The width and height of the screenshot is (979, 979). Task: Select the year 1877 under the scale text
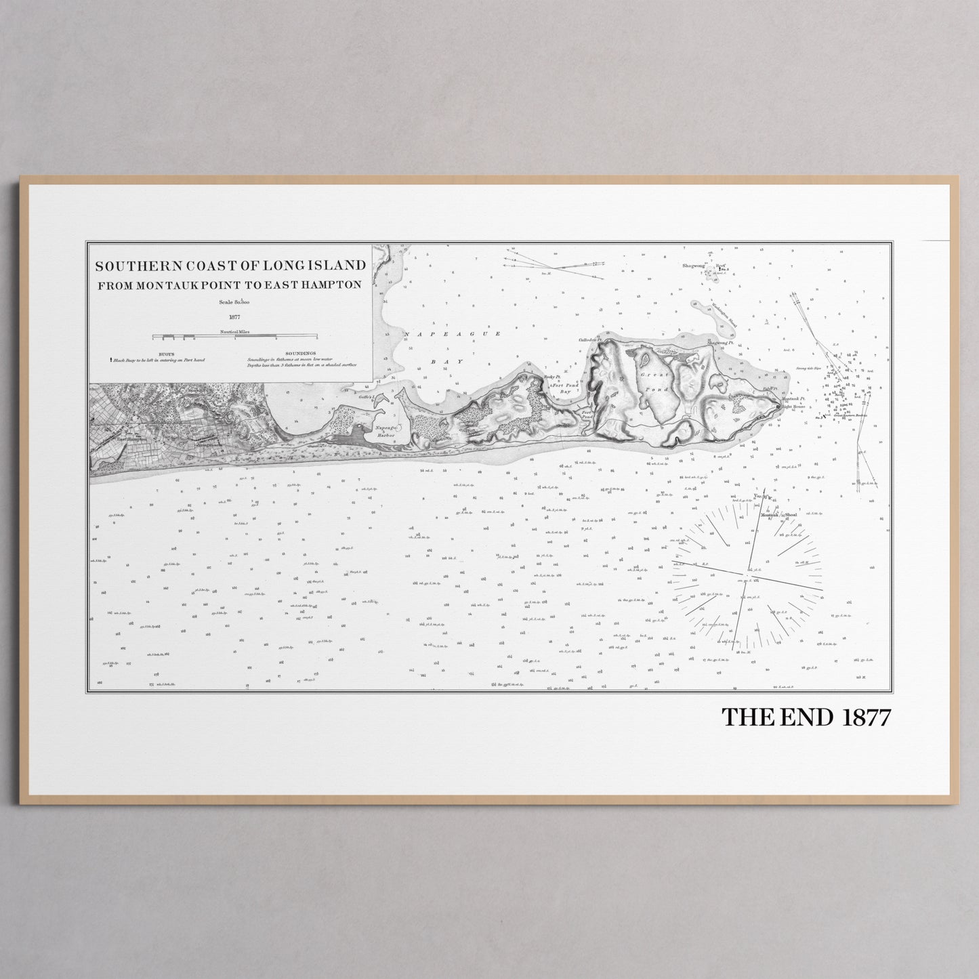235,316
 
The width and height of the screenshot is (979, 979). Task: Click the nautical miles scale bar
234,337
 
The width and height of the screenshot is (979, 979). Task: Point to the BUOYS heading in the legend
167,353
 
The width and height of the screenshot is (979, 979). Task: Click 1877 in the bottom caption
865,717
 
